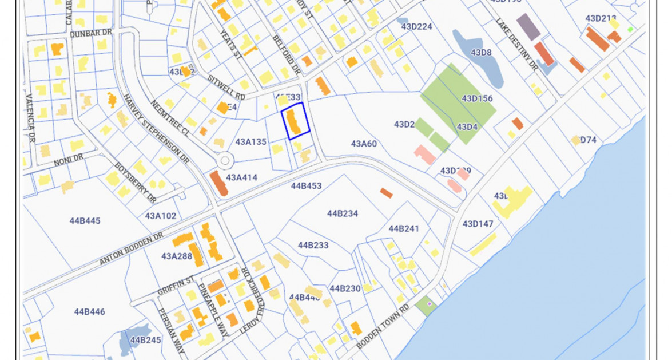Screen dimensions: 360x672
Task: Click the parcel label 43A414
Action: coord(241,178)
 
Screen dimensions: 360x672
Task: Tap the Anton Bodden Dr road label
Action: coord(132,248)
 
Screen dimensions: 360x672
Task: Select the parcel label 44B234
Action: coord(343,213)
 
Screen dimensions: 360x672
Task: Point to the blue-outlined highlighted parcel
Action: coord(295,121)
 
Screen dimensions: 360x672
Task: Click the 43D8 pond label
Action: coord(481,53)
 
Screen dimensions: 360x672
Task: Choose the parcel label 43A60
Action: coord(364,144)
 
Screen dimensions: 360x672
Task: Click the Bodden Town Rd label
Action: coord(383,326)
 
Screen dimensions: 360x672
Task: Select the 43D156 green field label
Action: coord(477,98)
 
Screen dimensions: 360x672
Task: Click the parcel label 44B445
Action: coord(85,220)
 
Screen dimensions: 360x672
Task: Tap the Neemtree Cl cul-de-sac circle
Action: coord(224,160)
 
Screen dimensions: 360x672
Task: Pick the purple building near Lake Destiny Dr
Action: coord(528,26)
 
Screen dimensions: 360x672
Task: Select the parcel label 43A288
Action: coord(177,256)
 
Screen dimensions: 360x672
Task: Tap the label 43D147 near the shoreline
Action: coord(478,224)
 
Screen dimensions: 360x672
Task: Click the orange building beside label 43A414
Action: coord(218,183)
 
